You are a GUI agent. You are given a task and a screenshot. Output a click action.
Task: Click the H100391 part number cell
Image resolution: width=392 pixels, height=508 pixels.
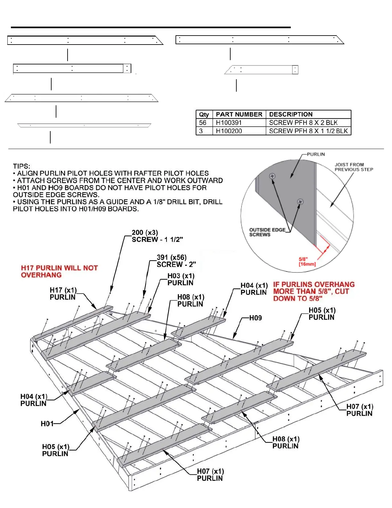[x=229, y=123]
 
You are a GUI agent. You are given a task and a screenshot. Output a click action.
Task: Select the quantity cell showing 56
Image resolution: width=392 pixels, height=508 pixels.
[x=203, y=123]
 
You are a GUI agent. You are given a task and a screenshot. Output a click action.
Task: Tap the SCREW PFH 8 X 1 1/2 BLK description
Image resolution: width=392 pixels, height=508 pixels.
[x=308, y=131]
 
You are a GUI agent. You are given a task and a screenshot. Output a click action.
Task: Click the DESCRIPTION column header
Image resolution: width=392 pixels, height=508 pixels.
[x=290, y=114]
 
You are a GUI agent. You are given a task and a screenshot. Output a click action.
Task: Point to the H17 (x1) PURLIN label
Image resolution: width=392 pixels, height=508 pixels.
[x=63, y=294]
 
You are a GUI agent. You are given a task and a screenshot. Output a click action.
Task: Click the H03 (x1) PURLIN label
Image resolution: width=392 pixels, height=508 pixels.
[x=181, y=279]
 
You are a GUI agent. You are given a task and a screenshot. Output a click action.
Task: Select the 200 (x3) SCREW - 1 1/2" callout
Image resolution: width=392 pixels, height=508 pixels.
[x=157, y=236]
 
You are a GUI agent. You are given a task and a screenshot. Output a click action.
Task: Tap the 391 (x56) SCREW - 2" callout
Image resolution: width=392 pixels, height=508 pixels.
[x=176, y=261]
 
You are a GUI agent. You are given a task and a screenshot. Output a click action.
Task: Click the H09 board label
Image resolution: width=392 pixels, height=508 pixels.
[x=255, y=318]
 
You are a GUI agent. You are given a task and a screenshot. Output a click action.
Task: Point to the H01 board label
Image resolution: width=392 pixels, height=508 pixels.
[x=47, y=424]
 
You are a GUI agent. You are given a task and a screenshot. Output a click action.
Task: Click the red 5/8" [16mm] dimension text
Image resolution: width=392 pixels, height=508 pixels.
[x=307, y=262]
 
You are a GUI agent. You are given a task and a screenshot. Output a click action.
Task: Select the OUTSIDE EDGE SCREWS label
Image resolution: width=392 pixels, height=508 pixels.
[x=267, y=232]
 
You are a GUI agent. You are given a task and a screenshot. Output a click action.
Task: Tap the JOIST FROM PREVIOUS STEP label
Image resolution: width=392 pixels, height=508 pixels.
[x=354, y=167]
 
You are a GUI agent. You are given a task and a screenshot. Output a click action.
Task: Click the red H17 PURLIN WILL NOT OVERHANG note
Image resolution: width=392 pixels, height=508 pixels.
[x=59, y=271]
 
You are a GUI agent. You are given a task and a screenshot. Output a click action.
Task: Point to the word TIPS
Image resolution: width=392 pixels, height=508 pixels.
[x=21, y=166]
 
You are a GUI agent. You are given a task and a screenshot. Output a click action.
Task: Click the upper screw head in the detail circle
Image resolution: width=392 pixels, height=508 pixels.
[x=272, y=176]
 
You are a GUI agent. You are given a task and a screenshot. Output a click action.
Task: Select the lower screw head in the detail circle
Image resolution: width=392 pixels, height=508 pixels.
[x=300, y=202]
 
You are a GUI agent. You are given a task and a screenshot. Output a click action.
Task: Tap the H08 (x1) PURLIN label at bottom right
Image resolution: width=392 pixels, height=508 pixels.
[x=286, y=443]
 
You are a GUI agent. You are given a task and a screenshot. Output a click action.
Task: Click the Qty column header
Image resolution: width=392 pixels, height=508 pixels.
[x=204, y=114]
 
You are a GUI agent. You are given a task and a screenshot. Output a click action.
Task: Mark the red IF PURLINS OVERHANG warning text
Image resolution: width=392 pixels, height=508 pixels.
[x=314, y=291]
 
